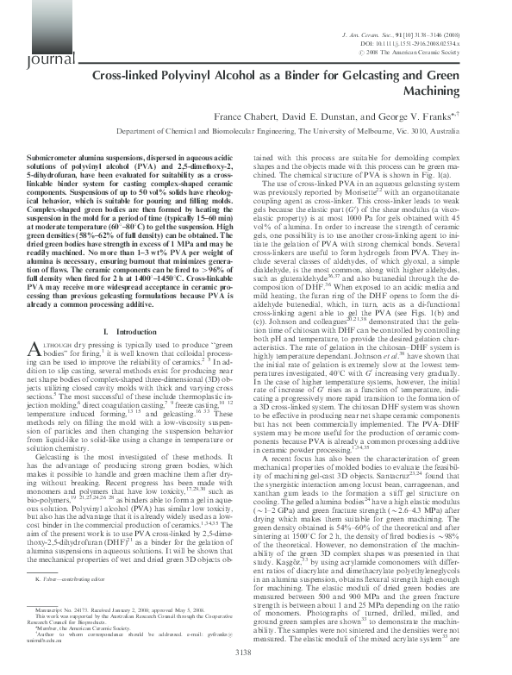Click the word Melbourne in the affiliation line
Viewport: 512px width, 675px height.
pyautogui.click(x=396, y=132)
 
